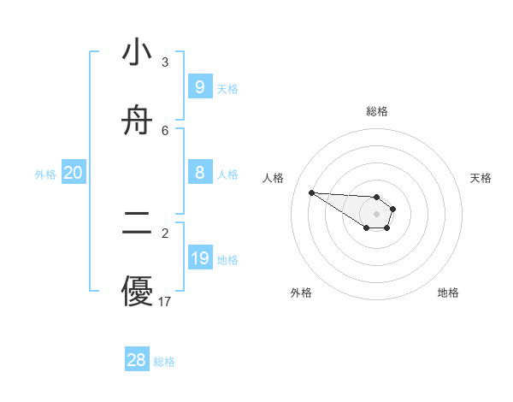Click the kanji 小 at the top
137,53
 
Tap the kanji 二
137,224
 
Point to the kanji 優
137,292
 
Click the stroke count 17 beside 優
165,301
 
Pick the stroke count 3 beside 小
165,62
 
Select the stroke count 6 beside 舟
165,130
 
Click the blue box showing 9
200,86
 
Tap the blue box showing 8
200,173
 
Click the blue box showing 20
74,173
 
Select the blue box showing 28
137,360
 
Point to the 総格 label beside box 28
164,362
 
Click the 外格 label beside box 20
45,174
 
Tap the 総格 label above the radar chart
377,111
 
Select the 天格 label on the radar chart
481,178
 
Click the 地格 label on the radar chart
448,293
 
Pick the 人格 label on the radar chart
274,178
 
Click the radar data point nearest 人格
311,192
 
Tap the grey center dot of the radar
377,214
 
